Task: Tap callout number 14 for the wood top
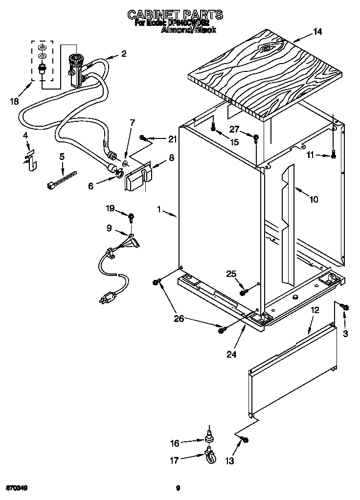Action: pos(317,32)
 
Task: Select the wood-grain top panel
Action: pos(264,71)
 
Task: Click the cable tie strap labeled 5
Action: pos(62,180)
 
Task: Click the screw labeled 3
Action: pos(344,307)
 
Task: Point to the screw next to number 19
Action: pos(132,216)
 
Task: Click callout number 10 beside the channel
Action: pos(314,199)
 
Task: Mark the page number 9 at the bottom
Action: pos(178,488)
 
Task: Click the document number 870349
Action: pos(16,488)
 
